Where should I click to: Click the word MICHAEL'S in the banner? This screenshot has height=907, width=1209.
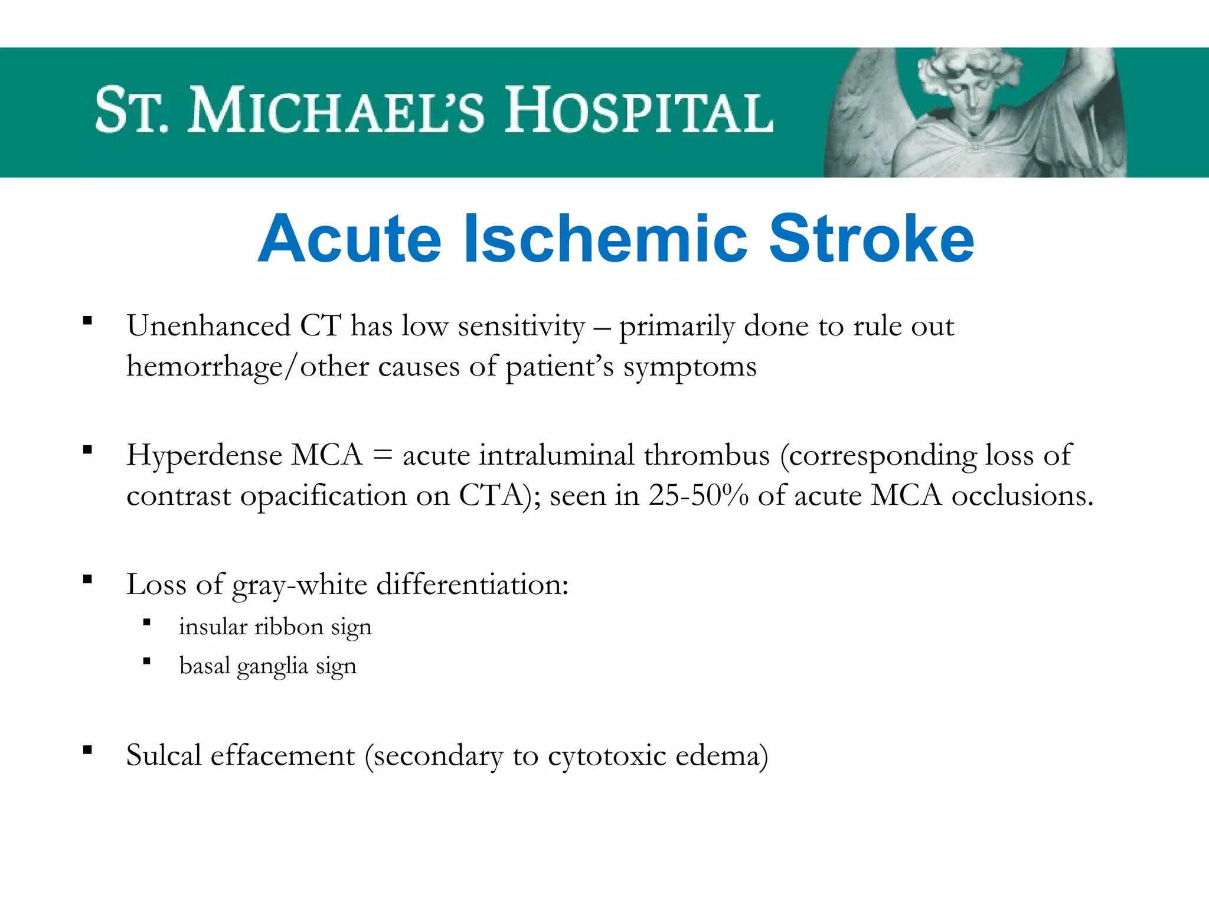tap(336, 110)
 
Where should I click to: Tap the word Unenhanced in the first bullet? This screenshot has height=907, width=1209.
tap(208, 326)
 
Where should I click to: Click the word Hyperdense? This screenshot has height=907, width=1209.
tap(204, 456)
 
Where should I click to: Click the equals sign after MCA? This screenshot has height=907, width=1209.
tap(383, 456)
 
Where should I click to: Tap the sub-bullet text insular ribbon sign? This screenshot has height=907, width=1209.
tap(275, 627)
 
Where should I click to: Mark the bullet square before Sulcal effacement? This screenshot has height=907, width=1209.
tap(88, 751)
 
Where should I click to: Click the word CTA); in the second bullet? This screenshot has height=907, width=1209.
tap(499, 495)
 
